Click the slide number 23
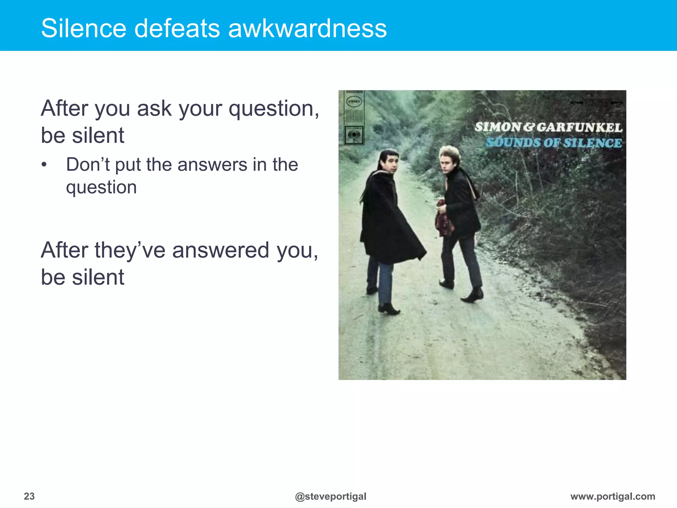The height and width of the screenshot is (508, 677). (x=29, y=496)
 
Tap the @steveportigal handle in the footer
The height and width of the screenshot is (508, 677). (x=330, y=496)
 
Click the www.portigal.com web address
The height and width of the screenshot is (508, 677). (x=613, y=496)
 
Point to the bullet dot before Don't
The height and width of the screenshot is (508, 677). (x=44, y=165)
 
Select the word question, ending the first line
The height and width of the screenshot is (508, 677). (x=274, y=109)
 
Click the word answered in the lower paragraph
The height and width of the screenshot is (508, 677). (x=220, y=250)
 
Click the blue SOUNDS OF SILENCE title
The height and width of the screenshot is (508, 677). (x=554, y=143)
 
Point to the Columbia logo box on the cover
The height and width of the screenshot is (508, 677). (x=354, y=135)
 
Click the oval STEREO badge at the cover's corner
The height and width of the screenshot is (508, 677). (x=354, y=101)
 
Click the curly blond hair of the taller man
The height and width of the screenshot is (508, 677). (x=450, y=153)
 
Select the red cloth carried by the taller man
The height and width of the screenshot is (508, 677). (x=443, y=220)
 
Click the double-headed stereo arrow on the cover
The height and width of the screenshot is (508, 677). (x=596, y=102)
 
